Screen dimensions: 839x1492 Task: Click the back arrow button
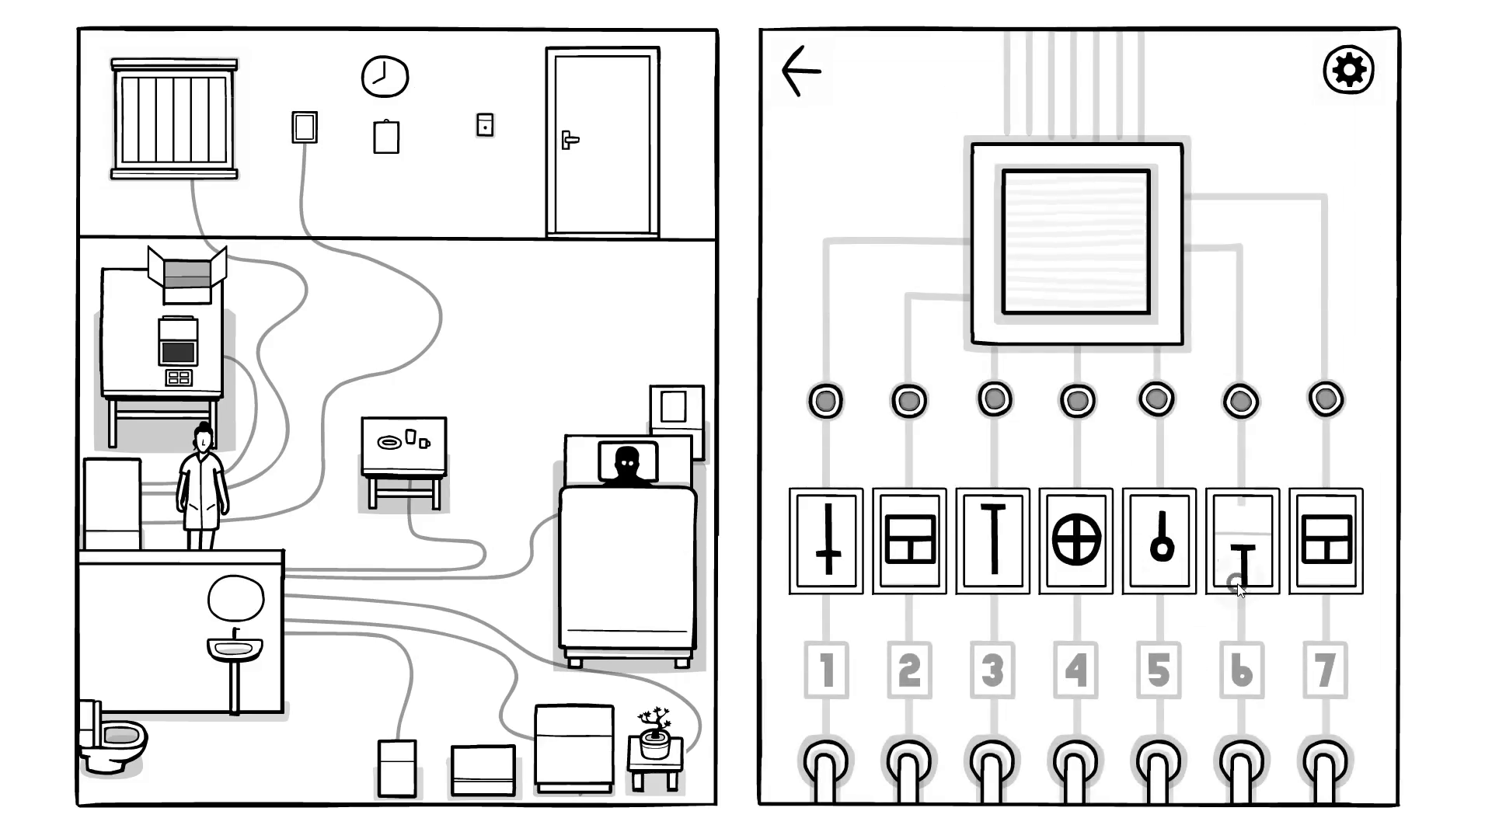pyautogui.click(x=800, y=71)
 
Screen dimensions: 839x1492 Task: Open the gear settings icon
pyautogui.click(x=1348, y=70)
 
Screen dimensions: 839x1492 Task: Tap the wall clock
pyautogui.click(x=385, y=76)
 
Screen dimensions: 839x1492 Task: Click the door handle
pyautogui.click(x=570, y=140)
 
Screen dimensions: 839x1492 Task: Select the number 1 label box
pyautogui.click(x=826, y=670)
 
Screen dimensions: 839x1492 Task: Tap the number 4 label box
pyautogui.click(x=1076, y=670)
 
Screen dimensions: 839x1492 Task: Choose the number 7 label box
pyautogui.click(x=1326, y=670)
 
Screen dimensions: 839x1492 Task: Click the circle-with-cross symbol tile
pyautogui.click(x=1076, y=541)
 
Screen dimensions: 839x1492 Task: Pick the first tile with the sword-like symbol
pyautogui.click(x=826, y=541)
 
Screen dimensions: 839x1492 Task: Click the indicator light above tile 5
pyautogui.click(x=1156, y=399)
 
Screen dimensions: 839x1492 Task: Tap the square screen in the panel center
pyautogui.click(x=1076, y=242)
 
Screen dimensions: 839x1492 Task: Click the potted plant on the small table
pyautogui.click(x=655, y=734)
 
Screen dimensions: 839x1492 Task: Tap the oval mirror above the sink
pyautogui.click(x=235, y=598)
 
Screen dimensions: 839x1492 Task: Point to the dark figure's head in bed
pyautogui.click(x=627, y=460)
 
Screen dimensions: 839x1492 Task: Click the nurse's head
pyautogui.click(x=203, y=439)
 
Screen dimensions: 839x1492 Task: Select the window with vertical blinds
pyautogui.click(x=174, y=119)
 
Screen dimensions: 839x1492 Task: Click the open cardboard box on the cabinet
pyautogui.click(x=187, y=274)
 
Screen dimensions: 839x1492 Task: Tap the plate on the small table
pyautogui.click(x=389, y=443)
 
